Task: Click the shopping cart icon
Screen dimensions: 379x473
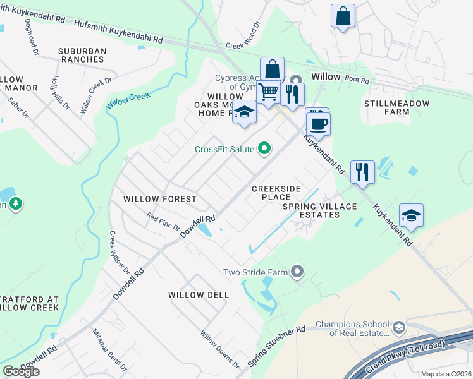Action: point(269,92)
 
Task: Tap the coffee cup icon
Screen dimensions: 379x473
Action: point(318,124)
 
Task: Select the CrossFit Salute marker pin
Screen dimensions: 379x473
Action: point(265,149)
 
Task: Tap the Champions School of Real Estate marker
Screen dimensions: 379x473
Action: point(399,327)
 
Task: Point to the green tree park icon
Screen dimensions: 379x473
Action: point(16,203)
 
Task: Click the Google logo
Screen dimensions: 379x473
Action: point(21,371)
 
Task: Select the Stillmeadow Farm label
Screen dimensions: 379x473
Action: point(396,107)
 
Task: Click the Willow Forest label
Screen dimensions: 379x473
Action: point(160,199)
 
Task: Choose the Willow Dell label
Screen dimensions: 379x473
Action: point(198,295)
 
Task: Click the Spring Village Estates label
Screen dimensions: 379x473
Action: point(319,210)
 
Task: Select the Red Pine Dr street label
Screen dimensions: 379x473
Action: point(163,224)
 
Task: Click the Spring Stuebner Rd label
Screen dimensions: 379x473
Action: point(276,347)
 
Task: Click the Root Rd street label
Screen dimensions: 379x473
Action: point(357,79)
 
